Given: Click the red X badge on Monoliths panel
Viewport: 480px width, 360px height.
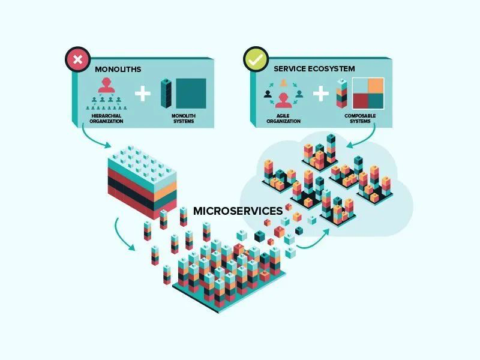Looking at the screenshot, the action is pyautogui.click(x=77, y=60).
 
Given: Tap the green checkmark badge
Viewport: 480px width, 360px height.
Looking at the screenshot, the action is pyautogui.click(x=256, y=60).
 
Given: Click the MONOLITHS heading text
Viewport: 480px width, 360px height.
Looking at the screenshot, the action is pyautogui.click(x=118, y=70).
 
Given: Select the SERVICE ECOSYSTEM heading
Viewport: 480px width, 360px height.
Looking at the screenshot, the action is pyautogui.click(x=314, y=69).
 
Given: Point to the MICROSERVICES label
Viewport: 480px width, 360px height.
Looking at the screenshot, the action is pyautogui.click(x=238, y=211).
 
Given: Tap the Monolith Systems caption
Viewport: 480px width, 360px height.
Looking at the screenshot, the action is pyautogui.click(x=183, y=118).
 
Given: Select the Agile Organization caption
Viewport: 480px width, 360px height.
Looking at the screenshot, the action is pyautogui.click(x=283, y=118).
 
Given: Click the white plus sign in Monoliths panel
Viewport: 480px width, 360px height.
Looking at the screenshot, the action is pyautogui.click(x=142, y=94).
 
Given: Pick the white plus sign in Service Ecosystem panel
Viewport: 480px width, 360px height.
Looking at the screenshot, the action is pyautogui.click(x=322, y=94).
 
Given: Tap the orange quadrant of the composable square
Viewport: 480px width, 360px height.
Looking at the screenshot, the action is pyautogui.click(x=376, y=86).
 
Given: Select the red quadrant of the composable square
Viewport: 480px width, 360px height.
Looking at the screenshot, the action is pyautogui.click(x=361, y=101).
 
